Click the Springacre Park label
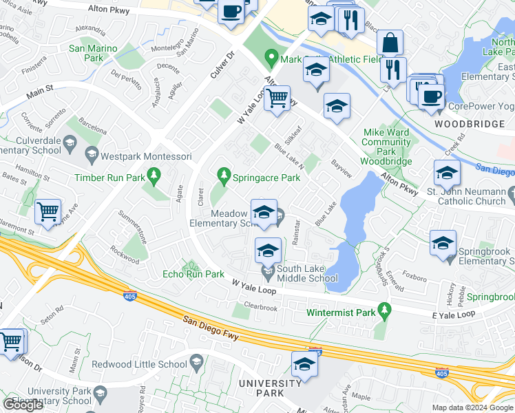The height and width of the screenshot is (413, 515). [266, 178]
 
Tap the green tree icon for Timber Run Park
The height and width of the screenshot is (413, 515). [154, 178]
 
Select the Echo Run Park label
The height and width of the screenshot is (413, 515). [193, 274]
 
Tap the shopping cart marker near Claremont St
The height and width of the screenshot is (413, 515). [48, 211]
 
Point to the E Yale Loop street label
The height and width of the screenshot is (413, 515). [454, 314]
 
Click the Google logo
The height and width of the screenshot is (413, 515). [23, 405]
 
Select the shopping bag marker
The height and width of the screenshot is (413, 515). [390, 43]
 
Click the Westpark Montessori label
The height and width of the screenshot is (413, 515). [146, 156]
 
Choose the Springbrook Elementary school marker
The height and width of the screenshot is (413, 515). [443, 242]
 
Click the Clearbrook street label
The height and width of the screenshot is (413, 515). [260, 308]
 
